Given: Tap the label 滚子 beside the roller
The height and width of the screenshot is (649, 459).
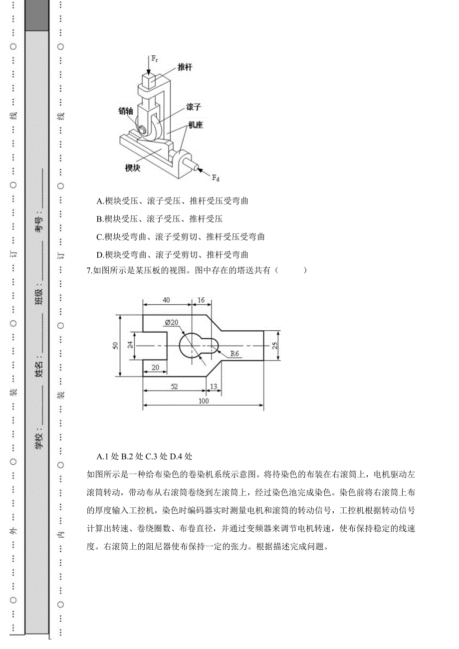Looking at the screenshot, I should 194,107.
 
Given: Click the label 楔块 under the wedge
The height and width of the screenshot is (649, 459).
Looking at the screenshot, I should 132,168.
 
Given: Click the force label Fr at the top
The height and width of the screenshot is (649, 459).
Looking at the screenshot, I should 156,58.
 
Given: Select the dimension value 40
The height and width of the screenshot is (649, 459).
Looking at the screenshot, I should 167,300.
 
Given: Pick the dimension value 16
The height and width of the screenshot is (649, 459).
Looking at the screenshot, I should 201,300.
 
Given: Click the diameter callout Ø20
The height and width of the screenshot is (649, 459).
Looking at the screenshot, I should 172,322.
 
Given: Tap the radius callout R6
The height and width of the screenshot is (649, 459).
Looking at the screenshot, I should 235,354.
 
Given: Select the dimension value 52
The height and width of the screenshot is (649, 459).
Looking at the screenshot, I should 175,387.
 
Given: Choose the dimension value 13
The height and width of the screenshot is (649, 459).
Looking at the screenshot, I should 213,387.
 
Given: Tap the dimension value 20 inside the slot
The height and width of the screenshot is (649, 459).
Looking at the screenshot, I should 155,368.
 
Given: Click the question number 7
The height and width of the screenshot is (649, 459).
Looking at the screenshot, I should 89,270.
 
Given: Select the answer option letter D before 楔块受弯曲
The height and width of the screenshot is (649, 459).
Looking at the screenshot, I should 100,255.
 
